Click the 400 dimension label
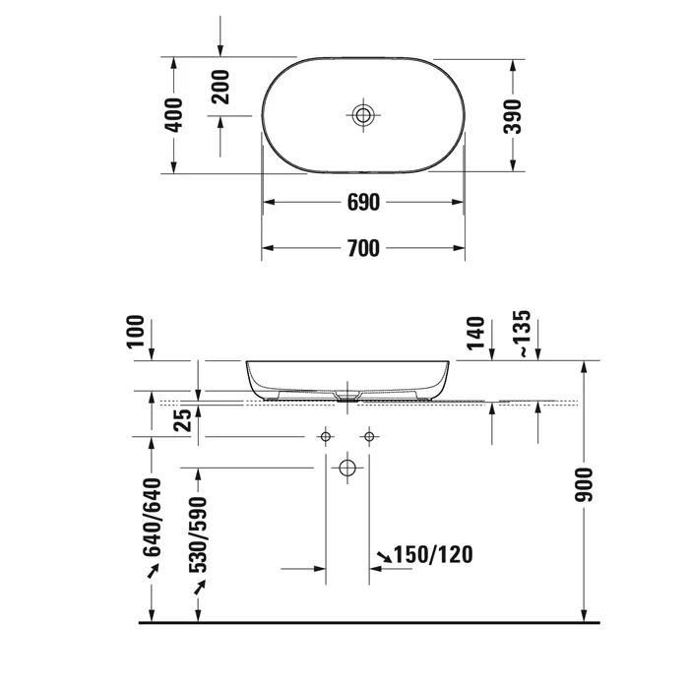[173, 115]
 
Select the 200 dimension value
[220, 87]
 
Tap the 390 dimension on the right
[513, 116]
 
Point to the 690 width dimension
[363, 203]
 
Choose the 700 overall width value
[363, 248]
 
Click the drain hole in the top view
[363, 115]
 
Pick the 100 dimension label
[136, 332]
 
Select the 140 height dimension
[475, 334]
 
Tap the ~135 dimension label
[524, 334]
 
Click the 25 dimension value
[183, 420]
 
